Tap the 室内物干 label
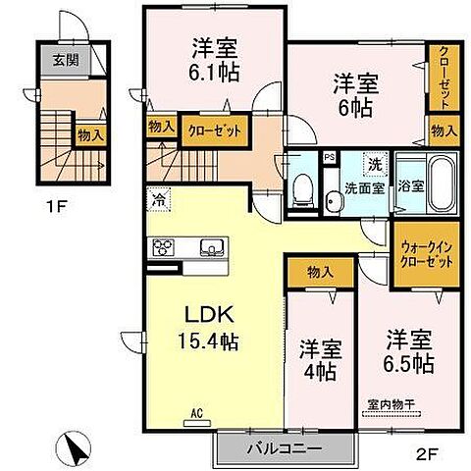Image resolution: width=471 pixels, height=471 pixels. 391,403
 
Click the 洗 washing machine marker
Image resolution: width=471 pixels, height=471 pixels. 375,161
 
